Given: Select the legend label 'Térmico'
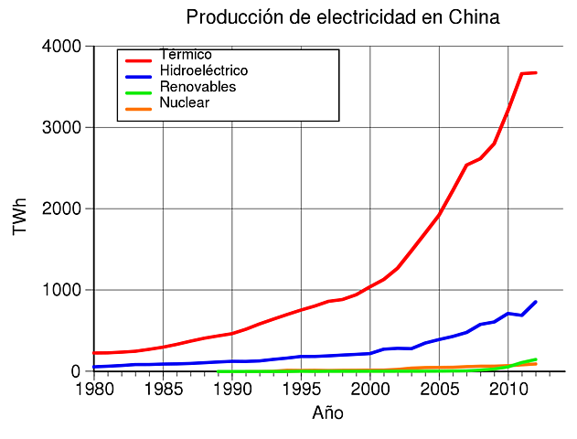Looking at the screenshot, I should coord(186,55).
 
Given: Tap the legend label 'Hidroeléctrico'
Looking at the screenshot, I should coord(203,70).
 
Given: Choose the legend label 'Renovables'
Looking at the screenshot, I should coord(198,87).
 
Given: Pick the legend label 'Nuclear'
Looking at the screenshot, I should coord(184,102).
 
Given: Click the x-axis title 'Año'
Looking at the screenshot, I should coord(327,412).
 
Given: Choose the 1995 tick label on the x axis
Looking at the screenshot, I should coord(301,390).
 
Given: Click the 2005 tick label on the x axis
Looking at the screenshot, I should coord(439,390).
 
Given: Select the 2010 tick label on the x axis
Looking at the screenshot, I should coord(508,390).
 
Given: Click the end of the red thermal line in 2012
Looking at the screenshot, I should coord(536,72).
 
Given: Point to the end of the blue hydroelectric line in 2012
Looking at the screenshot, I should coord(536,302).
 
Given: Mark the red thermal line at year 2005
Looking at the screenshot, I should coord(439,214).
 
